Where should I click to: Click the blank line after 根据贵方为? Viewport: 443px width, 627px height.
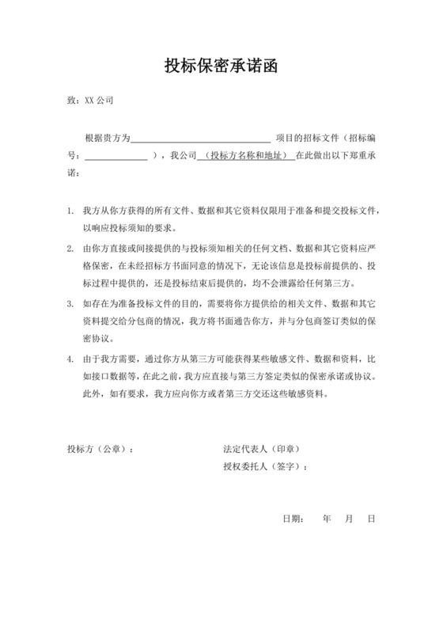tap(201, 138)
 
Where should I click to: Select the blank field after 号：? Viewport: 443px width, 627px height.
tap(115, 155)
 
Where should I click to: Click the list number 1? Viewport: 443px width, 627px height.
tap(70, 211)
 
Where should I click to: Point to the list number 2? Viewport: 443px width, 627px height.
tap(70, 248)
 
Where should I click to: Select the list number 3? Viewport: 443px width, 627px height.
tap(70, 302)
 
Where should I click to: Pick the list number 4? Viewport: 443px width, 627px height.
tap(70, 358)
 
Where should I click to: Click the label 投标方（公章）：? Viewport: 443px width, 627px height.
tap(100, 450)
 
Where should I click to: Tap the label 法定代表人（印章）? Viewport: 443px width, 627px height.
tap(262, 450)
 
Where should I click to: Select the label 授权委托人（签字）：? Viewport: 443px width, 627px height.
tap(265, 466)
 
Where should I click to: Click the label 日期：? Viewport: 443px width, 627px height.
tap(293, 519)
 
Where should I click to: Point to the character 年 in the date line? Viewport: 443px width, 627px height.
tap(327, 519)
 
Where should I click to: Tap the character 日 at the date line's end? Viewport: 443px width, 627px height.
tap(371, 519)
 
